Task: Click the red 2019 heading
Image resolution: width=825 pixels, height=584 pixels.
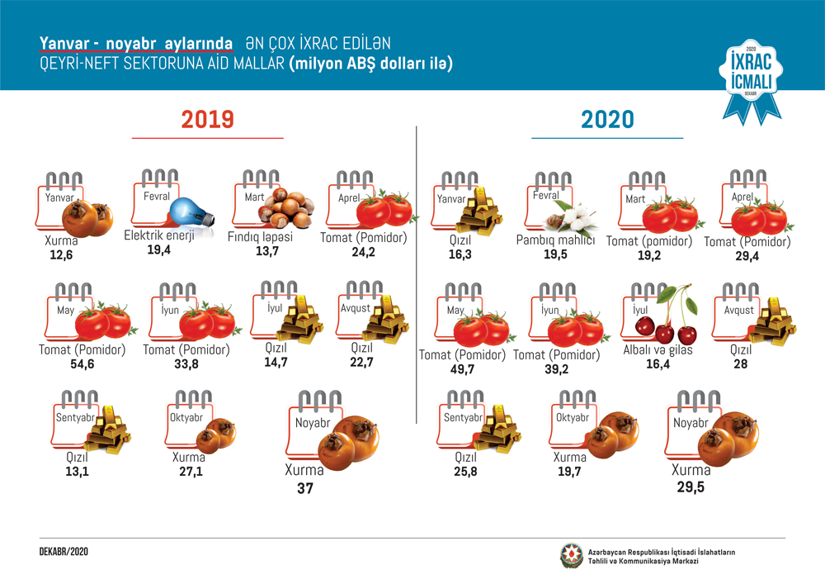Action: click(208, 120)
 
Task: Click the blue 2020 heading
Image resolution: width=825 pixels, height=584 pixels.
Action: click(607, 120)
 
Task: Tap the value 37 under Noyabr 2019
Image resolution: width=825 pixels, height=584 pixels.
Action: click(305, 488)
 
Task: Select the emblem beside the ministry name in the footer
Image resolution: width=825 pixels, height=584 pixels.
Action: click(571, 556)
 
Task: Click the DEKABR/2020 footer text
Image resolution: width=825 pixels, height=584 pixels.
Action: click(64, 550)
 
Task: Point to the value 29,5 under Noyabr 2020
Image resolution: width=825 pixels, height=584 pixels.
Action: click(691, 487)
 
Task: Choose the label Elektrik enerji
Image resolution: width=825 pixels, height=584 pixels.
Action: click(158, 235)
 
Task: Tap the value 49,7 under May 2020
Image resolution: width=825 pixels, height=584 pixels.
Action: click(461, 369)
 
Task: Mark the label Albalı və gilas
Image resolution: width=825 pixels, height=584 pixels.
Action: click(658, 350)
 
